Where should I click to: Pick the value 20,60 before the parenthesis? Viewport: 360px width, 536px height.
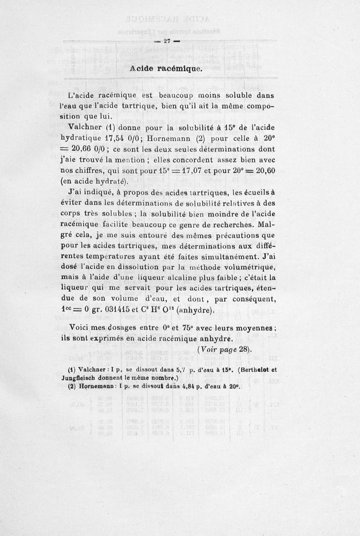(x=262, y=171)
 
